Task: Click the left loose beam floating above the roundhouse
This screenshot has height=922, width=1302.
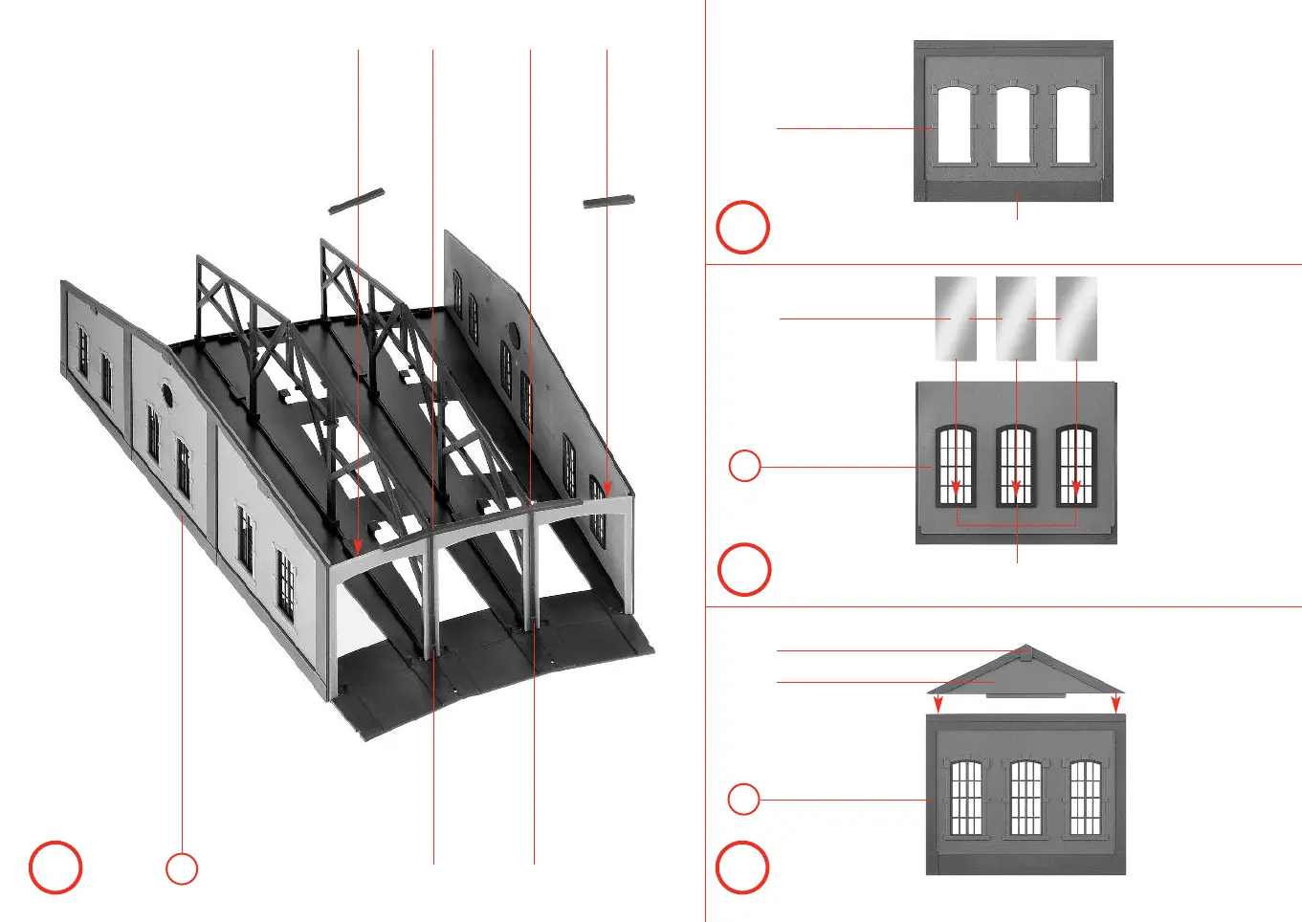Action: coord(356,200)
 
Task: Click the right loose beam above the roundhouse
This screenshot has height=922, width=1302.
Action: coord(608,201)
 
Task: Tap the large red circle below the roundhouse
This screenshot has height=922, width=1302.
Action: coord(55,867)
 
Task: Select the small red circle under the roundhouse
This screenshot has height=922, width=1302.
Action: coord(182,868)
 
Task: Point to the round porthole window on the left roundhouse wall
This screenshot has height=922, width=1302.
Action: coord(167,393)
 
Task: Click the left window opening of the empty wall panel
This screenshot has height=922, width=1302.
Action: coord(954,125)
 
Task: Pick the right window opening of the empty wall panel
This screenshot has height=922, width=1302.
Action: coord(1073,125)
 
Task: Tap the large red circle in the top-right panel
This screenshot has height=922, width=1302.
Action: coord(743,228)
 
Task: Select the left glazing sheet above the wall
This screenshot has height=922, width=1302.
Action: coord(956,318)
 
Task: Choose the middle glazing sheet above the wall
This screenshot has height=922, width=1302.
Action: coord(1015,318)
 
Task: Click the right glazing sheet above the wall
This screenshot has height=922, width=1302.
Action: coord(1075,318)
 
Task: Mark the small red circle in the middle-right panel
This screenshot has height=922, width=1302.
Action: coord(744,466)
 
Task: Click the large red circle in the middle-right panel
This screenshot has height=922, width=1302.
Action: coord(743,570)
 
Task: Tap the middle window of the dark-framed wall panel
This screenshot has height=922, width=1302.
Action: coord(1016,466)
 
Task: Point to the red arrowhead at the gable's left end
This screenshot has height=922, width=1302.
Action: coord(938,706)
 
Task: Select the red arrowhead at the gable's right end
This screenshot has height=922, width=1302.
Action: coord(1116,706)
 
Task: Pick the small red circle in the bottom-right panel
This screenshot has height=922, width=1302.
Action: coord(743,799)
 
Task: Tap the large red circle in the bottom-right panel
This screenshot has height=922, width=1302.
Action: coord(742,867)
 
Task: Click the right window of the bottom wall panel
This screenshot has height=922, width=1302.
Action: coord(1085,798)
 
